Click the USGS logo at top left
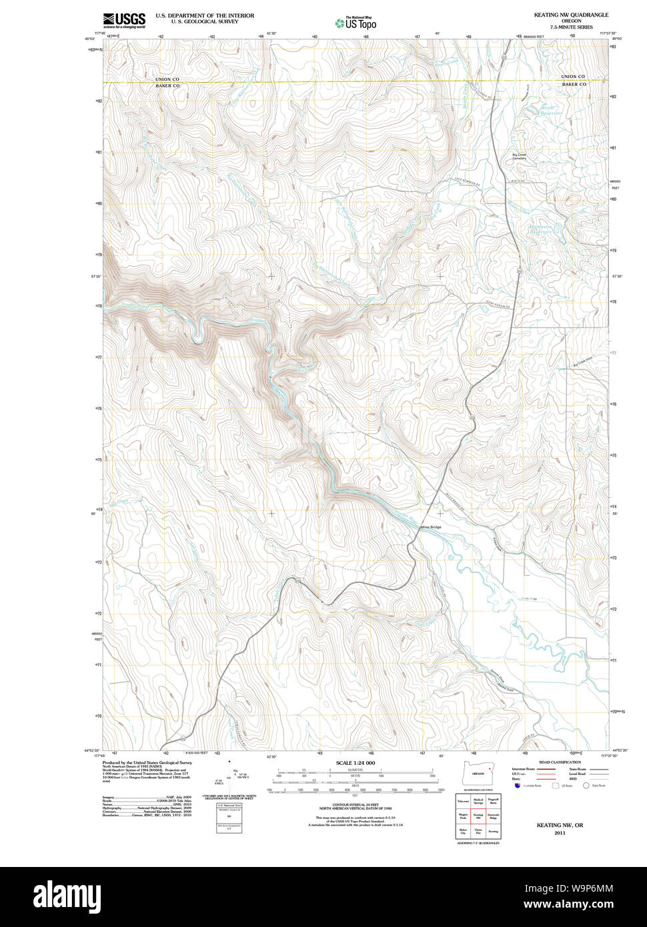tap(124, 21)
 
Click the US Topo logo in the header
tap(356, 23)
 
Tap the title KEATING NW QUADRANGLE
tap(571, 15)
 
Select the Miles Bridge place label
tap(431, 528)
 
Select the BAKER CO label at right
tap(574, 85)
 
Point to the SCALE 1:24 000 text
tap(356, 763)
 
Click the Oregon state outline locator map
tap(478, 774)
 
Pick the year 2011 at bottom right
tap(559, 833)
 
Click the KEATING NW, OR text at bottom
tap(560, 826)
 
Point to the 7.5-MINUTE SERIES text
tap(571, 27)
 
